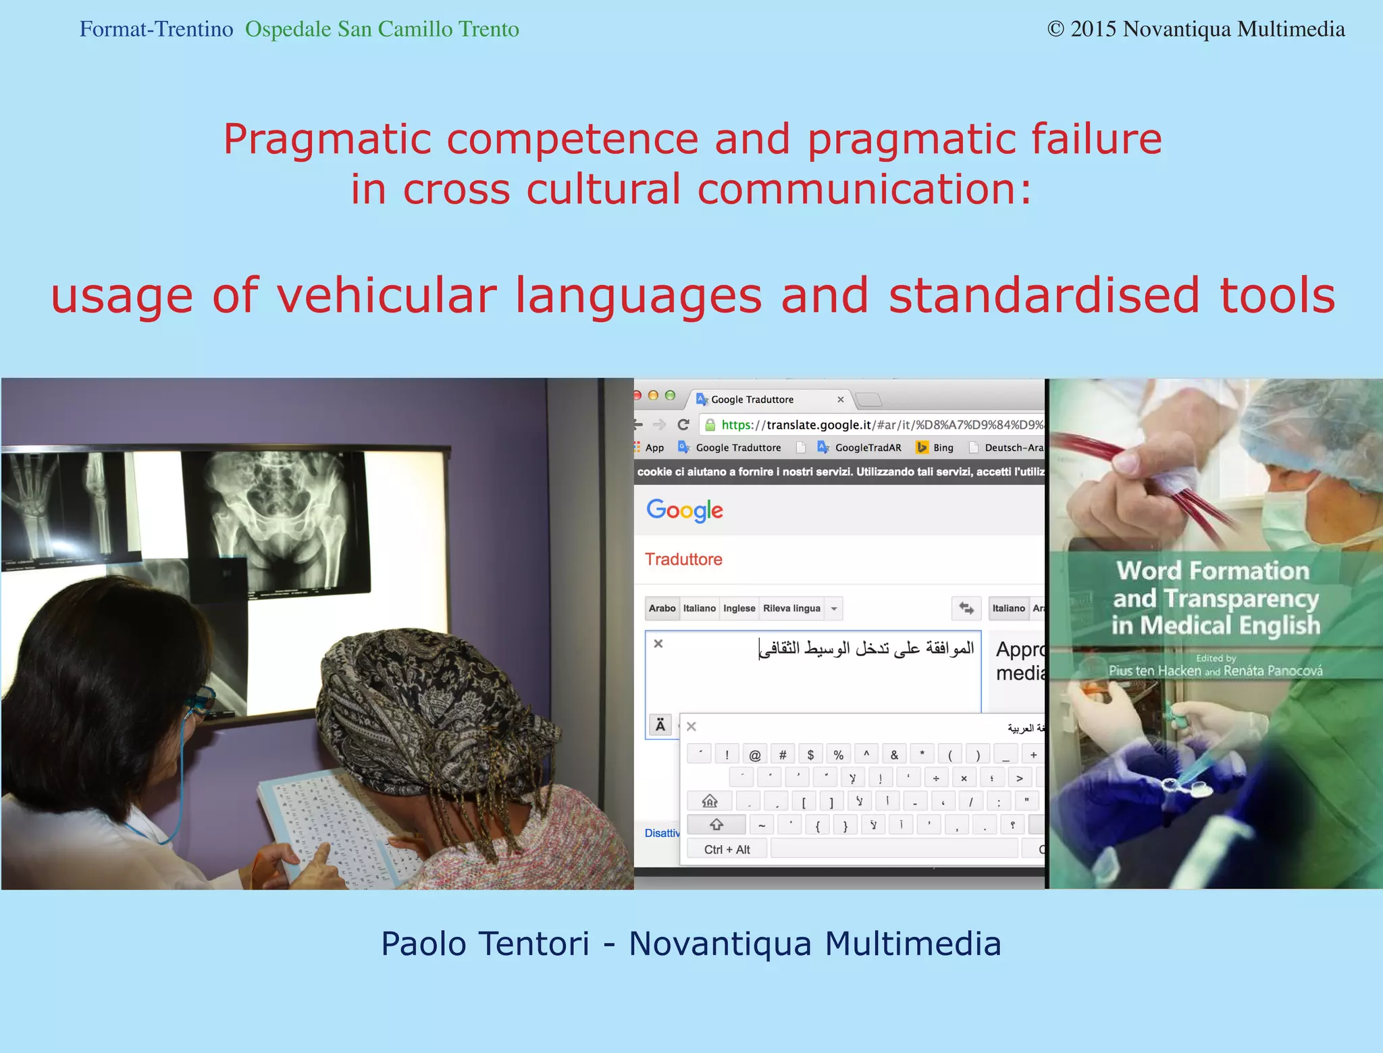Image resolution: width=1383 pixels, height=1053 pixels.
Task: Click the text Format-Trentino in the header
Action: click(156, 30)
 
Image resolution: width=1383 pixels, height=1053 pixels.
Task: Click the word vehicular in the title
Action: click(386, 296)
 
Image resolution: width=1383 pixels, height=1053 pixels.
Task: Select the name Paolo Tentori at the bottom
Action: click(485, 944)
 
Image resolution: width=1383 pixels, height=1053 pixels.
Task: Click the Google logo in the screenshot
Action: click(684, 510)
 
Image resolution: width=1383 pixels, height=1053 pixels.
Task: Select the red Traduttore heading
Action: click(683, 559)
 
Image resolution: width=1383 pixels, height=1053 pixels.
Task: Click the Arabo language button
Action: click(662, 608)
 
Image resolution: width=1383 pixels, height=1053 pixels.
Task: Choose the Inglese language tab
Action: click(739, 608)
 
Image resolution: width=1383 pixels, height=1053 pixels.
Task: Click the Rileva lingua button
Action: click(791, 608)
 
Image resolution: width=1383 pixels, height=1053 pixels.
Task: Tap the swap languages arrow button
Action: click(966, 608)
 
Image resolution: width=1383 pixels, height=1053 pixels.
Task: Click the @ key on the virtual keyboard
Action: click(755, 755)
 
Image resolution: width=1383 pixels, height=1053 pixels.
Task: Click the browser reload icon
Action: click(683, 425)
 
